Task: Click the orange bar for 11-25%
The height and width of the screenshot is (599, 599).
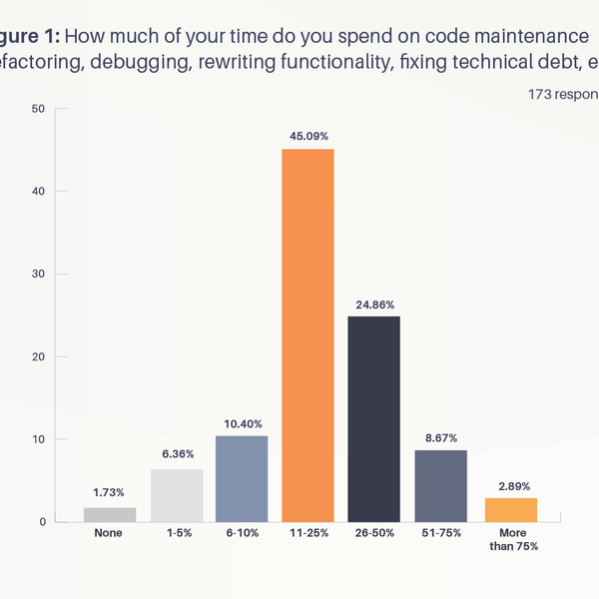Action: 307,335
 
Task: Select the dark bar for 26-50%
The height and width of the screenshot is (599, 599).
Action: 373,419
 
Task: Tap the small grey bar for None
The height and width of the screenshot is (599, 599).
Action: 110,514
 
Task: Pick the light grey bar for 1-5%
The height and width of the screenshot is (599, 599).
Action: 176,495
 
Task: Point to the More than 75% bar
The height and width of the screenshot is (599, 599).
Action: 511,510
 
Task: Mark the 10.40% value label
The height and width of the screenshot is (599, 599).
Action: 242,424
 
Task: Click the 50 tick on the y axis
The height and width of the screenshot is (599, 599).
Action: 37,108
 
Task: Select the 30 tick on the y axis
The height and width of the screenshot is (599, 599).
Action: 37,274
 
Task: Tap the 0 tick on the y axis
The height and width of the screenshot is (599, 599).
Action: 40,522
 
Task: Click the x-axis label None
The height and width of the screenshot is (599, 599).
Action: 110,534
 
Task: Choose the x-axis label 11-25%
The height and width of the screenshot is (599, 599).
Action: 307,534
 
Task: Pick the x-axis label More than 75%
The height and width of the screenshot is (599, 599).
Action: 511,540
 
